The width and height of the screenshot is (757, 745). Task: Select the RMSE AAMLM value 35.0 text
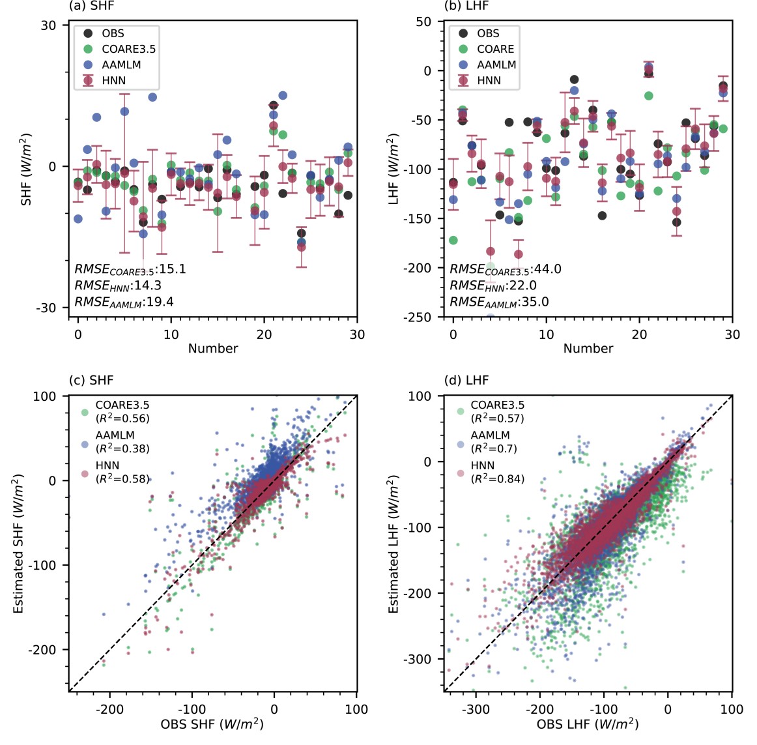499,302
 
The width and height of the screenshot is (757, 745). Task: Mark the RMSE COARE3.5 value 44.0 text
506,269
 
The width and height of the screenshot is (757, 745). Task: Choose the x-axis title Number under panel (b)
588,348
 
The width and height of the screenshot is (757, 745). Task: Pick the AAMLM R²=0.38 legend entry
122,442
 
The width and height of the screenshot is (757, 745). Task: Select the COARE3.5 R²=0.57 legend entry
497,412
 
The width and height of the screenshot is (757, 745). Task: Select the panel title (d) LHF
466,380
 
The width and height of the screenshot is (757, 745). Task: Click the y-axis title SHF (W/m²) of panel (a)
26,169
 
